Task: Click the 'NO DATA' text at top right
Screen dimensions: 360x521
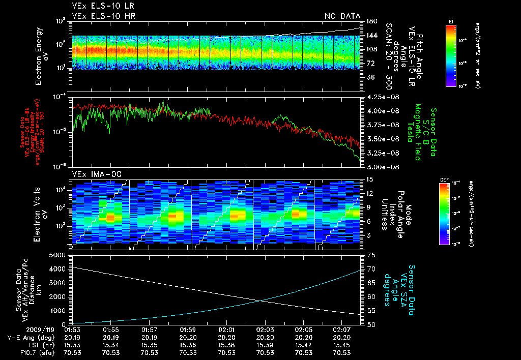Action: point(342,16)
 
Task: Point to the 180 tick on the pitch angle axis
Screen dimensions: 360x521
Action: point(370,21)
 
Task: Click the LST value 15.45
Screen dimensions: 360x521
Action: point(342,345)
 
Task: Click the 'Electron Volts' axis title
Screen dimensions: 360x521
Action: point(38,212)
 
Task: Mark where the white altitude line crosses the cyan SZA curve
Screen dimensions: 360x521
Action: point(261,301)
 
